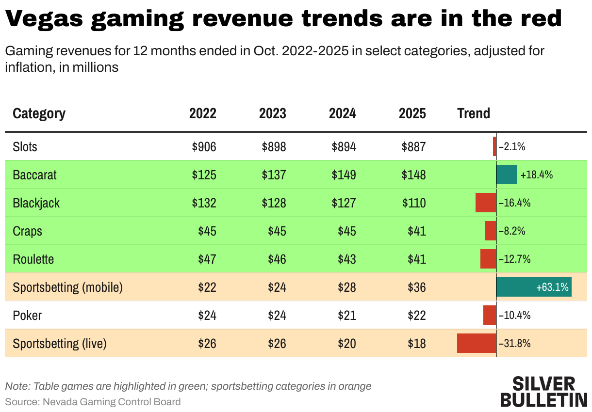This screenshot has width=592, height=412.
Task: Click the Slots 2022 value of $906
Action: [204, 146]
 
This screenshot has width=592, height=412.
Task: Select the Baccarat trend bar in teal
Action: [507, 174]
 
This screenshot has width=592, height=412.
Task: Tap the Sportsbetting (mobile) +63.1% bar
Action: [534, 287]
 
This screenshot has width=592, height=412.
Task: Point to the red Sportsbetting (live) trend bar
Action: [477, 343]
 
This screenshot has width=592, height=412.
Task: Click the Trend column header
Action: [474, 113]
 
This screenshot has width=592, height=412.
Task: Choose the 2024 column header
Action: [342, 113]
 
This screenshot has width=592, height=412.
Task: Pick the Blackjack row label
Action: [36, 203]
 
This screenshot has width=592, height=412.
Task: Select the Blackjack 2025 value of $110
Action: [414, 203]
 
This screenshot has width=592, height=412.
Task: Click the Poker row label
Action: [27, 315]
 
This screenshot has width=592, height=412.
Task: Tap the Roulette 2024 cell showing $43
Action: [347, 259]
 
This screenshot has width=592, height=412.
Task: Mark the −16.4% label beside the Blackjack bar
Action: [514, 203]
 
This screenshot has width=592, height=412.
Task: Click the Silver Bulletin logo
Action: [543, 391]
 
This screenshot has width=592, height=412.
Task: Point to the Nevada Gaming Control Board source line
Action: [93, 401]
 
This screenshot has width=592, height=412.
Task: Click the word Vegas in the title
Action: [44, 19]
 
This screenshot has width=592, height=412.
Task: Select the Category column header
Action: [39, 113]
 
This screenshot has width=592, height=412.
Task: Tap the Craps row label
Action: [28, 231]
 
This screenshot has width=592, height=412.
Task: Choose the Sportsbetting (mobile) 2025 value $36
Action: [417, 287]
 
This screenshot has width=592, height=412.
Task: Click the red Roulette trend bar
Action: [488, 259]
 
